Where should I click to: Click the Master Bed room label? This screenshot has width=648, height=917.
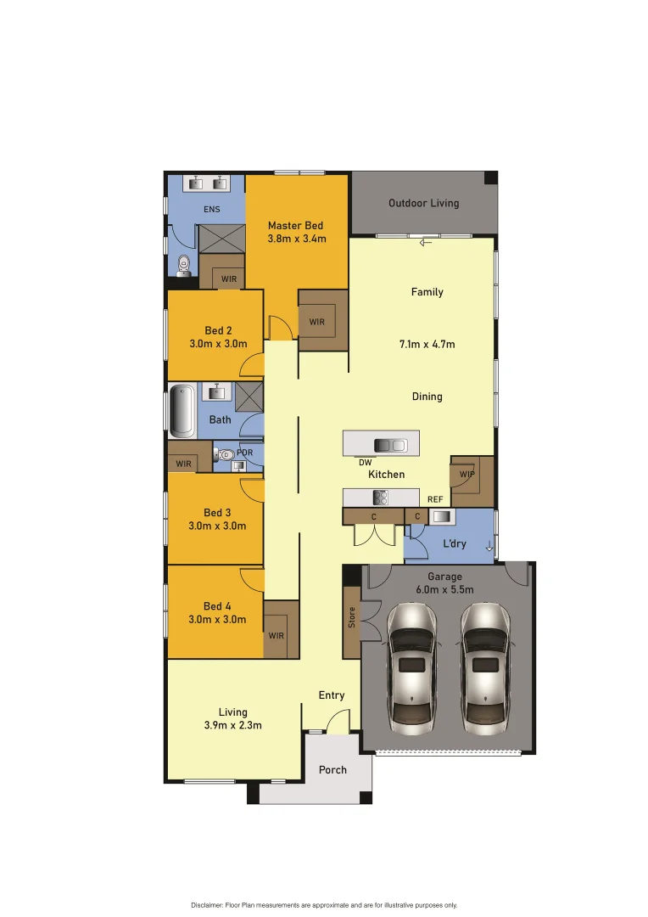click(295, 225)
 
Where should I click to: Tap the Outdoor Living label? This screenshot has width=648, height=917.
click(423, 203)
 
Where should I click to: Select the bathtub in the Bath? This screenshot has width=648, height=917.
click(182, 411)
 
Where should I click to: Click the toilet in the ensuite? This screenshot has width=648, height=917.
click(184, 266)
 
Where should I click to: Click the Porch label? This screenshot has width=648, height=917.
click(332, 770)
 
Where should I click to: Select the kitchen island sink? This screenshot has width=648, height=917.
click(391, 445)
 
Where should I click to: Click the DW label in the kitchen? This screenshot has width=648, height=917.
click(365, 463)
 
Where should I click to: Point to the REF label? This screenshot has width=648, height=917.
click(435, 500)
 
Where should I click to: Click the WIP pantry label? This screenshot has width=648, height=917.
click(466, 474)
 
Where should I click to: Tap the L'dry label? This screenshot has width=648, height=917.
click(455, 543)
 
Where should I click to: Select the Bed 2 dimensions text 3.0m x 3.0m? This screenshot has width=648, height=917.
click(218, 344)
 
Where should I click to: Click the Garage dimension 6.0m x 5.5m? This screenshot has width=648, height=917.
click(445, 589)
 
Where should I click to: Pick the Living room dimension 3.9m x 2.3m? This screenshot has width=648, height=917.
click(232, 725)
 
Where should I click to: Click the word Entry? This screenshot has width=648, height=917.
click(332, 695)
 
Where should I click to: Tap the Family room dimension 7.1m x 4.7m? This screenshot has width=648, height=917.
click(427, 344)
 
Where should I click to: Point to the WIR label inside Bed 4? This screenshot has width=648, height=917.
click(277, 635)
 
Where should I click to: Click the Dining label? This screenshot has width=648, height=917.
click(427, 397)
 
